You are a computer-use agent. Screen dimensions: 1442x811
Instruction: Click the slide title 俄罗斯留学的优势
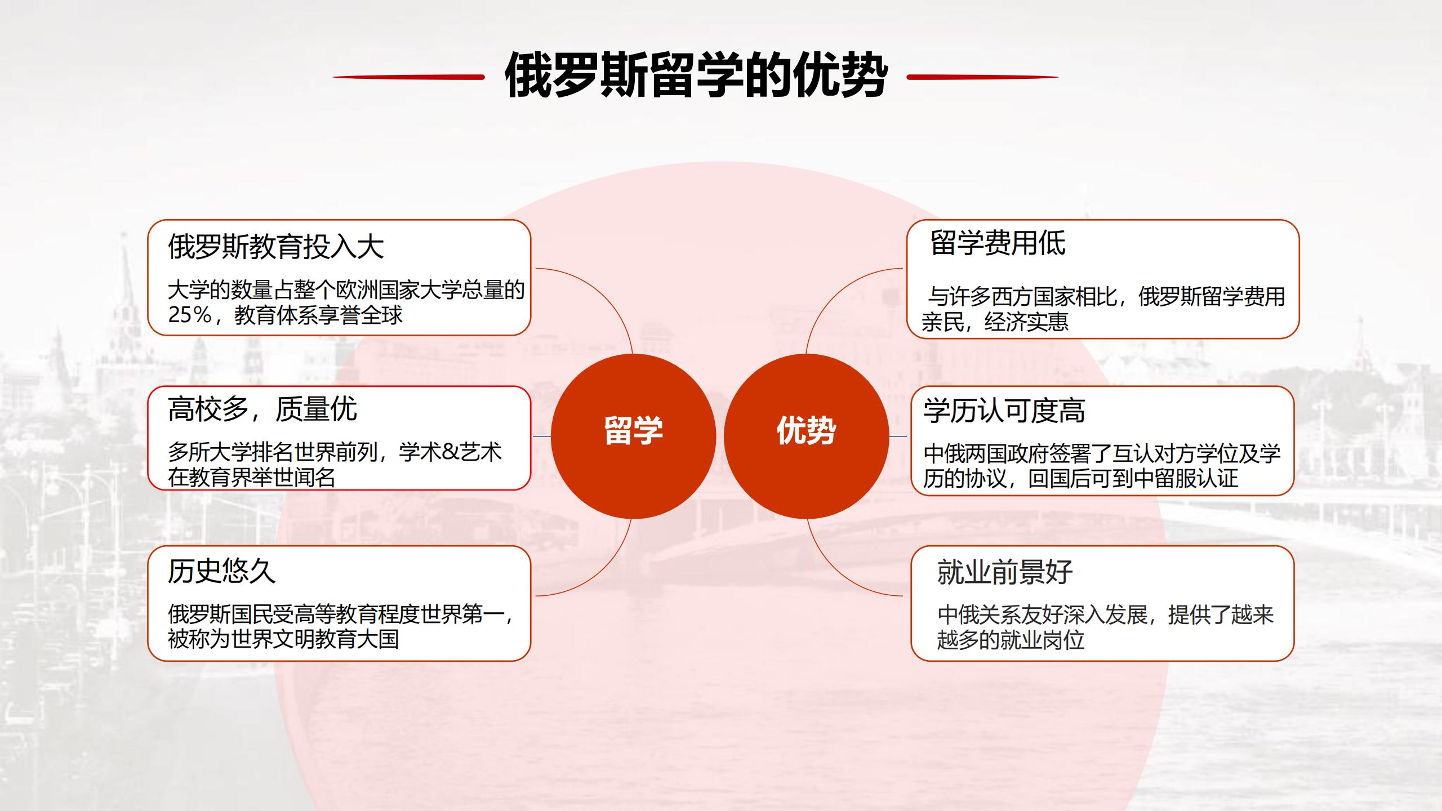coord(696,76)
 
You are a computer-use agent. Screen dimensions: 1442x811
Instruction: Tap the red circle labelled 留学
coord(633,436)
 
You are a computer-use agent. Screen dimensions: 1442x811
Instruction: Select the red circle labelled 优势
coord(806,436)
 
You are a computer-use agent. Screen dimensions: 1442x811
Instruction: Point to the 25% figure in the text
coord(190,315)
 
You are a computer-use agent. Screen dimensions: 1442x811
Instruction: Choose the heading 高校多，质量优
coord(262,409)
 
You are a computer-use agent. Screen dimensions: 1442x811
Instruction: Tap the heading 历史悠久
coord(222,571)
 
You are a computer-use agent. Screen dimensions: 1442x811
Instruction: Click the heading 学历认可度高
coord(1004,410)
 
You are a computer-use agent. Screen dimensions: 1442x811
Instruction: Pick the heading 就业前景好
coord(1005,572)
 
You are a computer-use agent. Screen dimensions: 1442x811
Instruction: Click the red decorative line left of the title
coord(408,77)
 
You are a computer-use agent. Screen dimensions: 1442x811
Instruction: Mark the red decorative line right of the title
coord(983,77)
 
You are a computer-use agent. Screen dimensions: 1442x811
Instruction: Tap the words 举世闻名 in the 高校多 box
coord(293,478)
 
